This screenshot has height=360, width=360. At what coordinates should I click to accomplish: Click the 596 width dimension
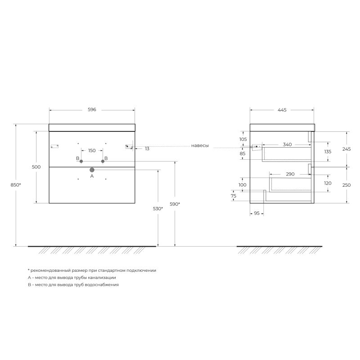coord(92,110)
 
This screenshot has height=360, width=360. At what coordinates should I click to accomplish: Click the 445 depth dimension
coord(282,110)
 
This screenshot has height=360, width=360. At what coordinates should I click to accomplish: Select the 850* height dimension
coord(17,185)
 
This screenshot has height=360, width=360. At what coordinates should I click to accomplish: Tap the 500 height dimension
coord(36,167)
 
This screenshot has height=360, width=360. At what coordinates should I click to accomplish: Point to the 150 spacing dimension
coord(92,150)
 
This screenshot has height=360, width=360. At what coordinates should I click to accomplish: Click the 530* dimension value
coord(158,209)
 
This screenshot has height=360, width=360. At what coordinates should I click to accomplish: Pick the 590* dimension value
coord(175,204)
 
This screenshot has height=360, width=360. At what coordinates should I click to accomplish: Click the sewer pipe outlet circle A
coord(92,170)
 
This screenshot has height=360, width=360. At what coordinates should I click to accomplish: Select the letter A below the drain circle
coord(92,176)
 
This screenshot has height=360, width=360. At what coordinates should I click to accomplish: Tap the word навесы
coord(200,145)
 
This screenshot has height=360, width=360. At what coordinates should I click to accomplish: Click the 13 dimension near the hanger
coord(147,148)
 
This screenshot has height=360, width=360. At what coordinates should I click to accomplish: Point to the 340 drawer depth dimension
coord(287,144)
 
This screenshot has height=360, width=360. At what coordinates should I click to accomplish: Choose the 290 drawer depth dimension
coord(290,174)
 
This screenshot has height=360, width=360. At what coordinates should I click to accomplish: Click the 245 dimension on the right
coord(347,149)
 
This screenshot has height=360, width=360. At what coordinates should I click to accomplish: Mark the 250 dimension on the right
coord(347,184)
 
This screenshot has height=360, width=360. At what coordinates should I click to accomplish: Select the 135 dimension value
coord(328,152)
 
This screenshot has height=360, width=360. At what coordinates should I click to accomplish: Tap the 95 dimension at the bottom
coord(256,213)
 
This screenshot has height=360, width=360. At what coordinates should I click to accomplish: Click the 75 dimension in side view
coord(233,196)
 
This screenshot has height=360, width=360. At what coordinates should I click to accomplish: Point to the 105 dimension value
coord(243,139)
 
